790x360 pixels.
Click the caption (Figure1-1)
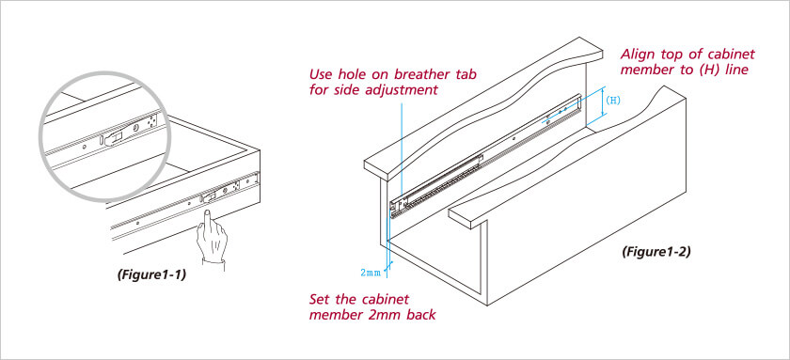[x=151, y=275]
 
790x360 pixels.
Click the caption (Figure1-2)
[x=656, y=251]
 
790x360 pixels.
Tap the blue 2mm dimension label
[x=371, y=273]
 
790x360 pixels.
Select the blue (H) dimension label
[x=612, y=100]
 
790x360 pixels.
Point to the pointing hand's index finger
[x=207, y=222]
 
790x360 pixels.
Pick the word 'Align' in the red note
[x=636, y=54]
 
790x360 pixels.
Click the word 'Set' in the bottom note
[x=320, y=299]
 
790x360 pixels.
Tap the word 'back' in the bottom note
[x=421, y=315]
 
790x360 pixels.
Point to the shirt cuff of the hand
[x=213, y=264]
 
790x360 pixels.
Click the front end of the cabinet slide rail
[x=397, y=208]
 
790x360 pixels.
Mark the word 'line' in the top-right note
[x=737, y=70]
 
